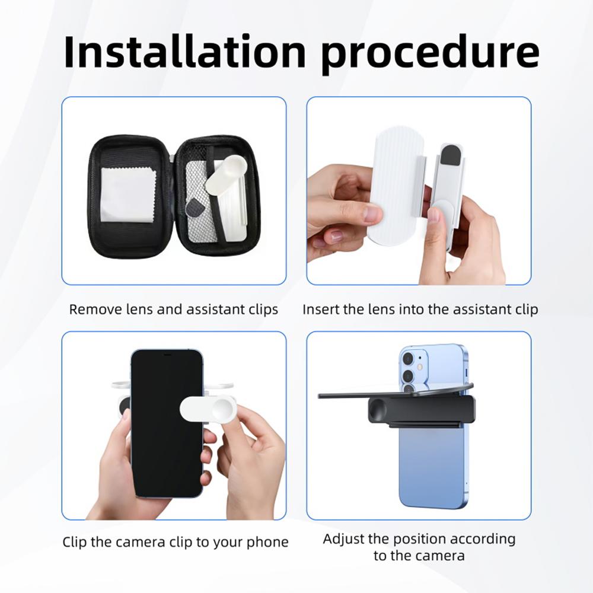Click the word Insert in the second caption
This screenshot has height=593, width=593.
(321, 310)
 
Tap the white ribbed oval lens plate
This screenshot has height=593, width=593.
(394, 184)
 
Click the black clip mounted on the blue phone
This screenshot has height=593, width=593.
(421, 409)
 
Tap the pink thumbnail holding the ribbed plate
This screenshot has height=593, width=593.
(373, 215)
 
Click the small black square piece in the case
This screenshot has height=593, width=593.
(194, 208)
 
